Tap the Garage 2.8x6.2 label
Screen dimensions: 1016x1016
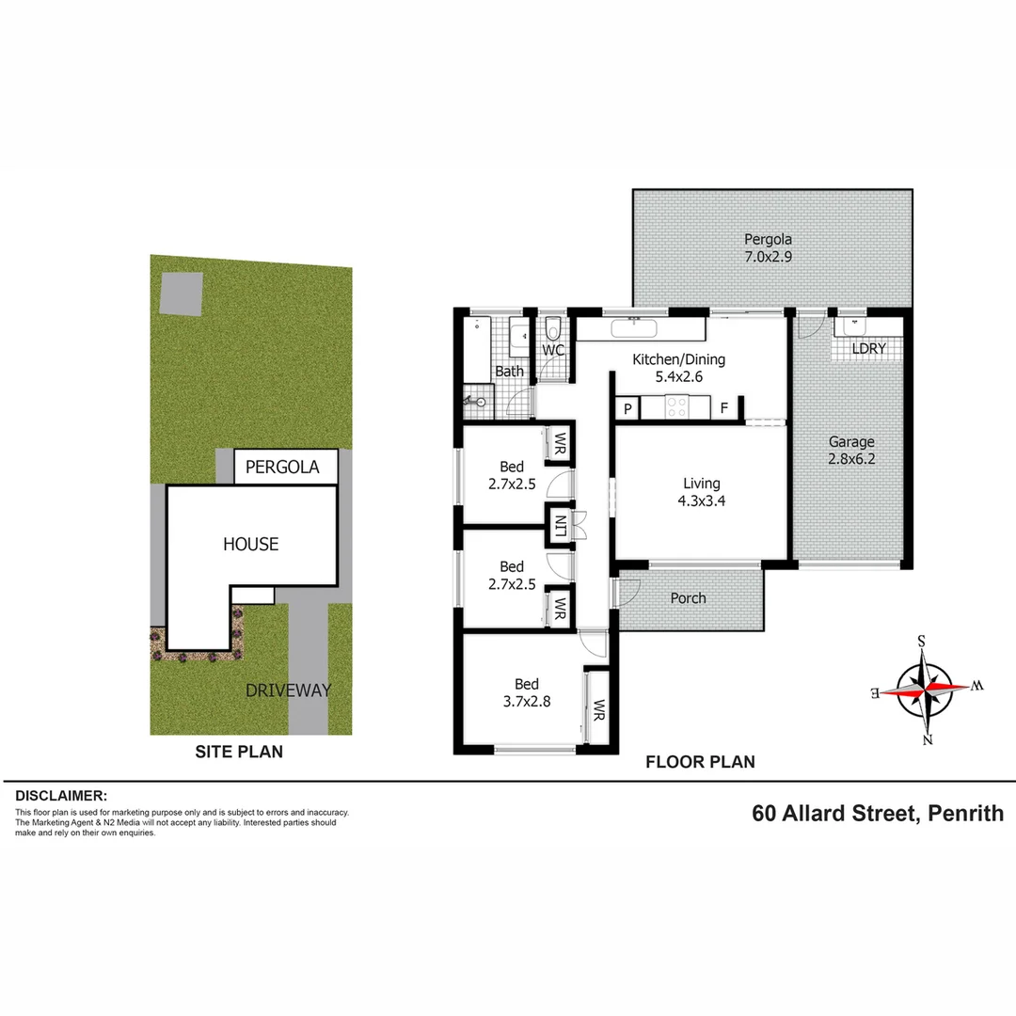click(851, 450)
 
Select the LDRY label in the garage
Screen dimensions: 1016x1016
click(868, 348)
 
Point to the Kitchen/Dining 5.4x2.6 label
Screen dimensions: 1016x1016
click(678, 368)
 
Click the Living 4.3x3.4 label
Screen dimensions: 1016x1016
click(702, 492)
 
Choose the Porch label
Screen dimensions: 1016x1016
click(688, 598)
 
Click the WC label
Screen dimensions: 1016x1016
click(553, 351)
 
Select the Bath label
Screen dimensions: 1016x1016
click(509, 372)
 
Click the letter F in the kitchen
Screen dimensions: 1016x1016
click(723, 408)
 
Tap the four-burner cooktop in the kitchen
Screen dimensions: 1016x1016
click(677, 407)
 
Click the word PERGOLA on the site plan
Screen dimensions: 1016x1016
click(277, 467)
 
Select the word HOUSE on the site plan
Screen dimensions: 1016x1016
click(251, 544)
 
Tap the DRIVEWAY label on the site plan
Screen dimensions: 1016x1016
click(289, 691)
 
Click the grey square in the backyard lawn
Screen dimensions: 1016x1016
click(181, 293)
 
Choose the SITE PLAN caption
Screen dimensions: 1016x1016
click(239, 752)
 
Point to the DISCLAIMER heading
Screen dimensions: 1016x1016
click(61, 796)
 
